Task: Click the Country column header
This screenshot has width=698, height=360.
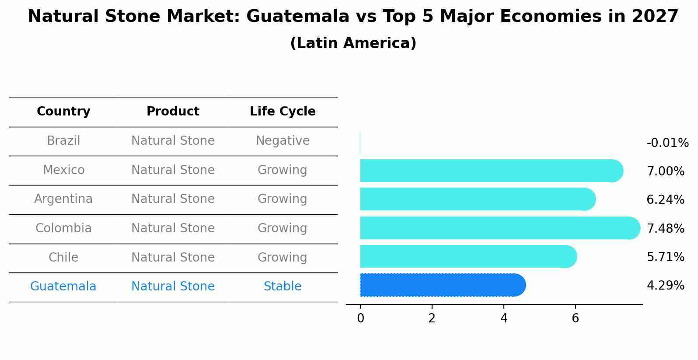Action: [x=63, y=112]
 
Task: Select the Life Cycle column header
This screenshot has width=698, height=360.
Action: [x=283, y=112]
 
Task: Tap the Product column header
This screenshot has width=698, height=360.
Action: [x=173, y=112]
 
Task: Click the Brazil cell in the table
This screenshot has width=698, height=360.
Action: [x=63, y=141]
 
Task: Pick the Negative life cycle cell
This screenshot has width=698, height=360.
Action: [x=283, y=141]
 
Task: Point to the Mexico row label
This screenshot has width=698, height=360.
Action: [x=63, y=170]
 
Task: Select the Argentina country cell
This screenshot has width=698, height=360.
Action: [x=63, y=199]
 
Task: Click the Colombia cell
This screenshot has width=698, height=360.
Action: [x=63, y=228]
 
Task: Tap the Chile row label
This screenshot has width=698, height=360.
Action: [x=63, y=257]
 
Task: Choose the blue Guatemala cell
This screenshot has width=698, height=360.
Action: [x=63, y=287]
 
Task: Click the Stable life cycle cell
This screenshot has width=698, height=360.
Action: [x=283, y=287]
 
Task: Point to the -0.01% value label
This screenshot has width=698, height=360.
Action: [x=667, y=143]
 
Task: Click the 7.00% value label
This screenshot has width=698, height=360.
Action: [x=665, y=171]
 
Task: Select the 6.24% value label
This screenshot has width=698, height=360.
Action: [x=665, y=200]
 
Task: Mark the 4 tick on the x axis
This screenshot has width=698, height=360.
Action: [x=504, y=318]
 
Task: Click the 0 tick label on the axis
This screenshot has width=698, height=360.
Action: [x=360, y=318]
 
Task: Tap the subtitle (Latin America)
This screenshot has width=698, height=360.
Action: [x=353, y=43]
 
